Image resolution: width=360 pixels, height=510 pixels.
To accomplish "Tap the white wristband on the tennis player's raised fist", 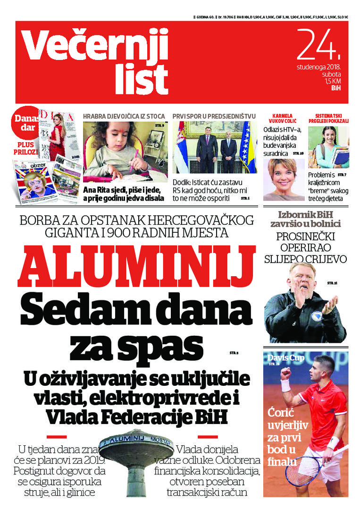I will pos(286,384).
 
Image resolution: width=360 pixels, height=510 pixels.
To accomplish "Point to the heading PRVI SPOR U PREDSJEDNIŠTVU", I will pos(214,116).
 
